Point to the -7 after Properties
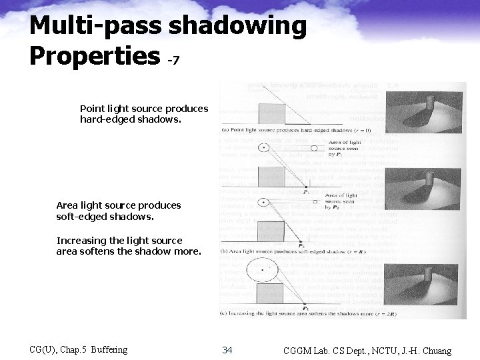[x=173, y=60]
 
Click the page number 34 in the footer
[x=227, y=350]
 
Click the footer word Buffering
[x=109, y=350]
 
